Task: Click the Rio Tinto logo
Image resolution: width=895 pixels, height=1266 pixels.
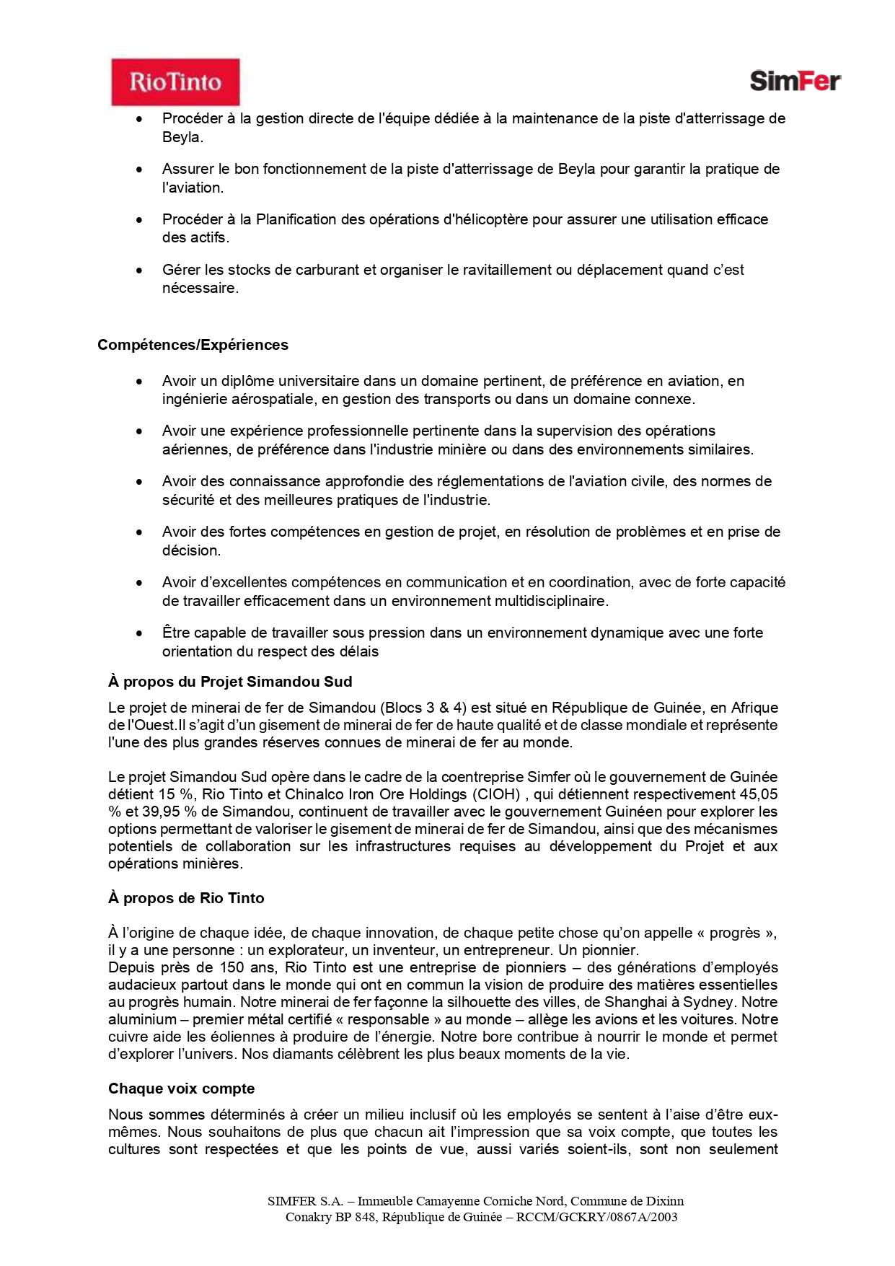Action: (x=175, y=82)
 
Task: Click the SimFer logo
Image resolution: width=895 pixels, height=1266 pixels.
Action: (x=795, y=81)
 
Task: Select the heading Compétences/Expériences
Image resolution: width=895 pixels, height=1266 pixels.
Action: (x=193, y=345)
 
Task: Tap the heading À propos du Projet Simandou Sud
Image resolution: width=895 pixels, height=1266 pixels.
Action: (x=230, y=682)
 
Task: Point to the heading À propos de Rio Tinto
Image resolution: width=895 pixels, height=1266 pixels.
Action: (x=186, y=898)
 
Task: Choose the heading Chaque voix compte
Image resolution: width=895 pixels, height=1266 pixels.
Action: (x=181, y=1089)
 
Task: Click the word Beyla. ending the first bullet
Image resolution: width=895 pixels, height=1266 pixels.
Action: (x=182, y=137)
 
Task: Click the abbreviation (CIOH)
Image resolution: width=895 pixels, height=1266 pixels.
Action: (x=496, y=794)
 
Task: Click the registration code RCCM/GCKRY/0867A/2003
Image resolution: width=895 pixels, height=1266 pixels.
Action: (x=596, y=1217)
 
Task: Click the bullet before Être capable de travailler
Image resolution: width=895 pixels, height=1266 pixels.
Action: (x=139, y=633)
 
